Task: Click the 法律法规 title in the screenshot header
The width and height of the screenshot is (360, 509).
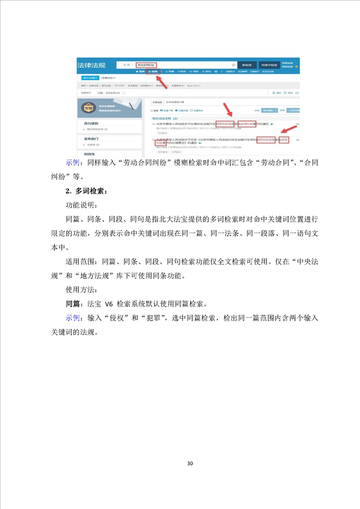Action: click(91, 65)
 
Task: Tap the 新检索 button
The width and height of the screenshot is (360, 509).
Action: click(247, 65)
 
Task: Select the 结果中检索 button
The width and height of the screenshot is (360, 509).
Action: click(269, 65)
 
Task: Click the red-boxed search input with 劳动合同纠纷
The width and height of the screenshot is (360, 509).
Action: click(148, 65)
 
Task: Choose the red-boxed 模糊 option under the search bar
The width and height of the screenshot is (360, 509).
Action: click(153, 72)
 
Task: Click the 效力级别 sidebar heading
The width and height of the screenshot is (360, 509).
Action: click(91, 123)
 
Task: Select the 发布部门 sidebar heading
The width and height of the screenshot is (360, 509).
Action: click(91, 138)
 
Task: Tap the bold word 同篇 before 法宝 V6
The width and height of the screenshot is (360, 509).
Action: click(73, 303)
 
